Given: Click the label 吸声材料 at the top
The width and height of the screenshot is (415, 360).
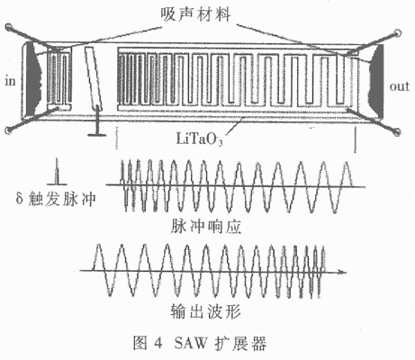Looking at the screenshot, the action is pos(195,14).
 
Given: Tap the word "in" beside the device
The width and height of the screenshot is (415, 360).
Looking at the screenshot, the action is pos(10,81).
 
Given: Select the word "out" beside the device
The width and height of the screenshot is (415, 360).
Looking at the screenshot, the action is pos(400,86).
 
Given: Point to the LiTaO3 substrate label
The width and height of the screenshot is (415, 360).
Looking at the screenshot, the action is pos(199,139).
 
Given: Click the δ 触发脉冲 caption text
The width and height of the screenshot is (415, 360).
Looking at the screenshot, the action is pos(56,199).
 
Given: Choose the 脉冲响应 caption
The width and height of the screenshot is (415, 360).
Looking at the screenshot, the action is pos(206,227).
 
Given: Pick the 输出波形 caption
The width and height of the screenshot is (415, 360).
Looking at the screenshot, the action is pos(206,311).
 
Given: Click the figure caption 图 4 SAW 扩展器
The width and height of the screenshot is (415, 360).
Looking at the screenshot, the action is pos(200,343).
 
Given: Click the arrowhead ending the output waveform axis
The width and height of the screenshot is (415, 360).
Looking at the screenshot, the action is pos(342,272).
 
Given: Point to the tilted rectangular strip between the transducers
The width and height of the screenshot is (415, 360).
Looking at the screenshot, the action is pos(94,78).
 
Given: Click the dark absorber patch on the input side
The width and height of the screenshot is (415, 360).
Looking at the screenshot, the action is pos(32,78).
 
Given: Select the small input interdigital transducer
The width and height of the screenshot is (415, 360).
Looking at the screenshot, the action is pos(59,78).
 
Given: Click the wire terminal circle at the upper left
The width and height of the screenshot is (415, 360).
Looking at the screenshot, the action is pos(9,28).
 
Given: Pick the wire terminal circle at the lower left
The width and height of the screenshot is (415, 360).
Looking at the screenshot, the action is pos(9,130).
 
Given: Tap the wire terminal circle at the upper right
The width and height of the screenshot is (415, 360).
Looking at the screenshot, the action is pos(398,33).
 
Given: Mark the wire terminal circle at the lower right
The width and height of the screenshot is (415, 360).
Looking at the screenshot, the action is pos(397,131).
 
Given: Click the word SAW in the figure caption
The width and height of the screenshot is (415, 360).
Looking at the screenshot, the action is pos(191,343).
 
